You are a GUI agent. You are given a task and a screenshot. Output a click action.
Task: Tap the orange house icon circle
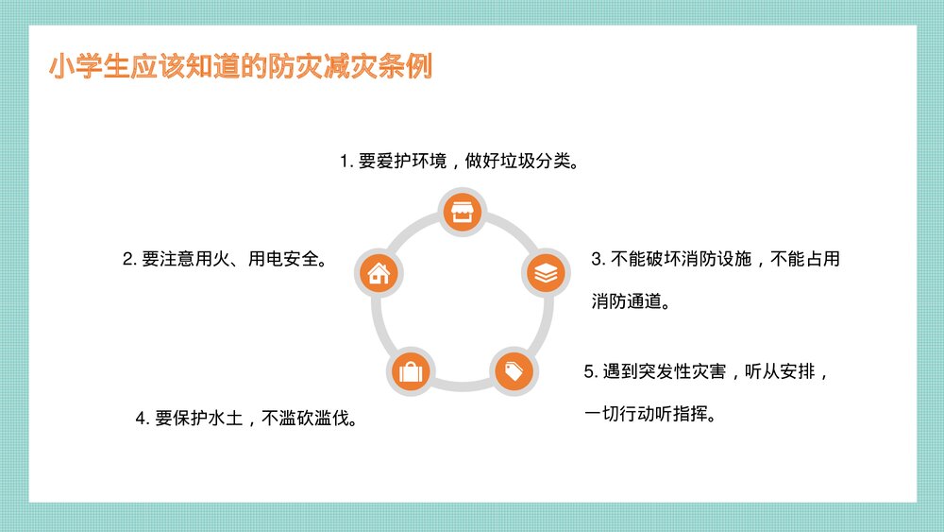(x=379, y=274)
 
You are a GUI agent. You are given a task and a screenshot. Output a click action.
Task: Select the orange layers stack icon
(x=546, y=274)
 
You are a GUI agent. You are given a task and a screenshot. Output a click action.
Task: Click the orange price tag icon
(x=514, y=371)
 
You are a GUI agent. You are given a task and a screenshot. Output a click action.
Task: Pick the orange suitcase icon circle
(x=411, y=371)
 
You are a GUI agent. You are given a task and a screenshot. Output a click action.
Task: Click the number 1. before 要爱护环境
(x=346, y=161)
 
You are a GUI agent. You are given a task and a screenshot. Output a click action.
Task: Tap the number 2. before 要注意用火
(x=128, y=259)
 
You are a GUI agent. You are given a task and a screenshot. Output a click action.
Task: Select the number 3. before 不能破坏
(x=597, y=259)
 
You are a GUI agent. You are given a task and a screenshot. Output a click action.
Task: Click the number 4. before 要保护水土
(x=142, y=418)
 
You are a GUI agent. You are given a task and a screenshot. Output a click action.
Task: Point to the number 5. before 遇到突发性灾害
(x=590, y=371)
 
